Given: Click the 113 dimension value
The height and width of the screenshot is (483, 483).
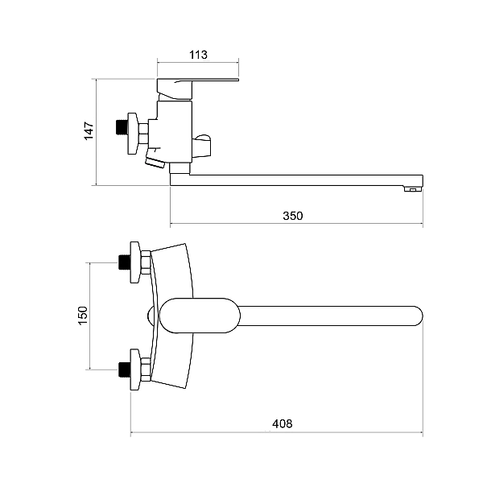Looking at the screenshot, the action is [198, 55].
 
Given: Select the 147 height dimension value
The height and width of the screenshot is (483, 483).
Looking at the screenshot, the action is [89, 131].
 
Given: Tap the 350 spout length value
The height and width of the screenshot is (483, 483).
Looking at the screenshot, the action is [293, 216].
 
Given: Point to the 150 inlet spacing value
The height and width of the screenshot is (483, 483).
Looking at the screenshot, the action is [83, 316].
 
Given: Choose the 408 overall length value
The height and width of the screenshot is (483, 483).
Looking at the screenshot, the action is [283, 424].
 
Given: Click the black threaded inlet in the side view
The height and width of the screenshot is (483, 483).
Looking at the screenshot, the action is [122, 127].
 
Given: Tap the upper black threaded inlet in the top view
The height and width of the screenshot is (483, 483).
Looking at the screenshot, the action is [125, 262].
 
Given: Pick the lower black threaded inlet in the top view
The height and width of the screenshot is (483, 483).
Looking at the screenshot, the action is [125, 369].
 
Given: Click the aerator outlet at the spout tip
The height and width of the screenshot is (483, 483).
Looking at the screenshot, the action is [413, 188].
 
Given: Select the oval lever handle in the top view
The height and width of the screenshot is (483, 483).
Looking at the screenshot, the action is [200, 316].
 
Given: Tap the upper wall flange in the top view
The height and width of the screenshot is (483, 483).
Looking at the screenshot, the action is [135, 262].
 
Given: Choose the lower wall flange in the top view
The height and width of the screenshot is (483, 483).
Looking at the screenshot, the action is [135, 370].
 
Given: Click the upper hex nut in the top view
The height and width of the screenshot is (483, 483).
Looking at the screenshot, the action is [146, 262].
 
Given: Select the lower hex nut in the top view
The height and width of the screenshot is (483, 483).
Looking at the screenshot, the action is [146, 369].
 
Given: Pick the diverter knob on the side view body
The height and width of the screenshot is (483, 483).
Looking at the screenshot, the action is [201, 146].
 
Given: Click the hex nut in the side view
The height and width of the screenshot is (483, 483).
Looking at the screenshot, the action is [143, 134].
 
